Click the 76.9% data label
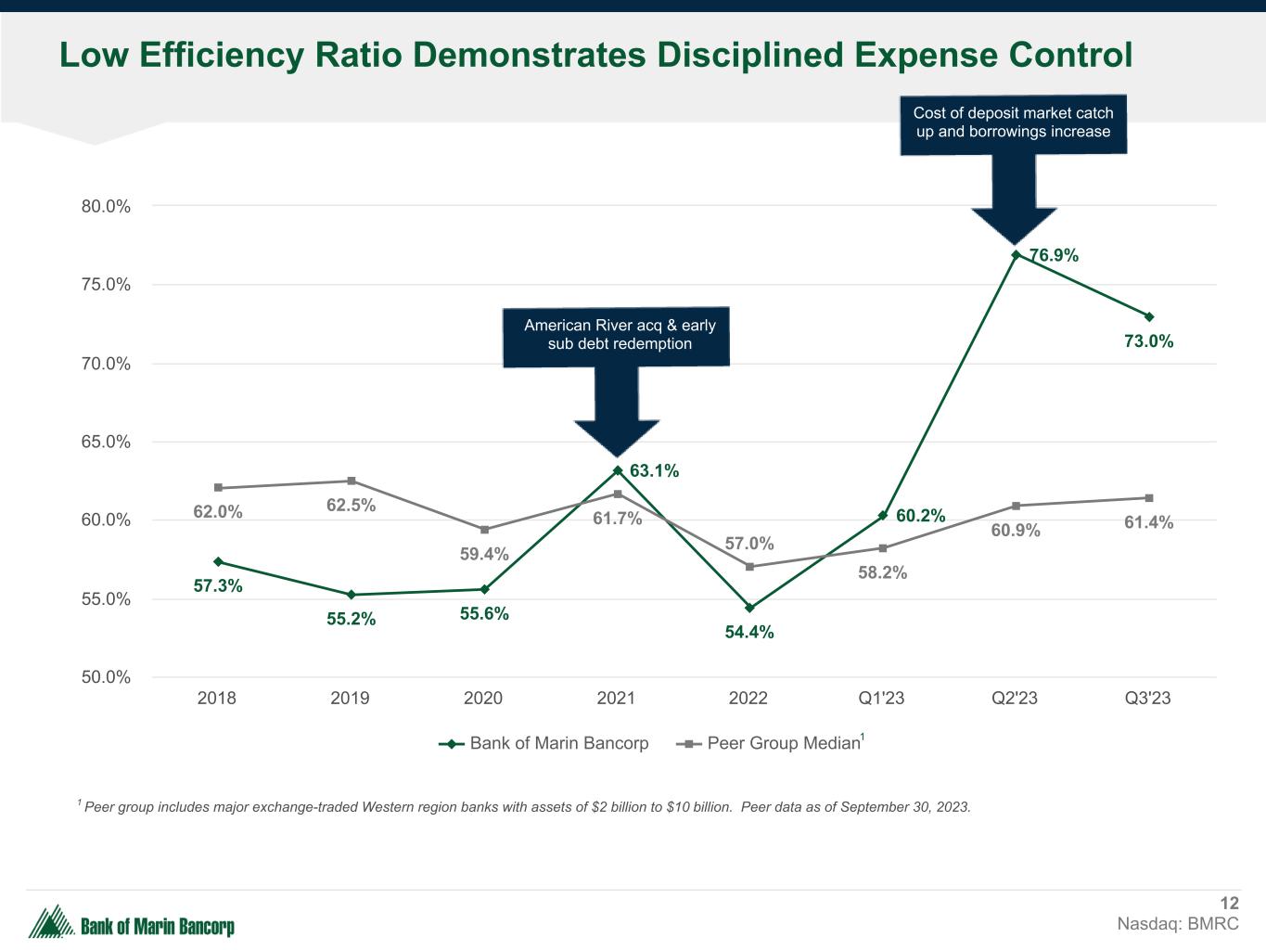pyautogui.click(x=1055, y=255)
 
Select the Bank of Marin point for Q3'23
pyautogui.click(x=1149, y=316)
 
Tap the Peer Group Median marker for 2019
pyautogui.click(x=352, y=481)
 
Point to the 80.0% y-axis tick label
pyautogui.click(x=106, y=206)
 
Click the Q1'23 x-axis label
pyautogui.click(x=881, y=698)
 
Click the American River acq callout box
pyautogui.click(x=617, y=335)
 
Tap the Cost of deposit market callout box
pyautogui.click(x=1013, y=122)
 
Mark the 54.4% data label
pyautogui.click(x=749, y=633)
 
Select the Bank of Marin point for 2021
pyautogui.click(x=618, y=470)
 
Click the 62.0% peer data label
pyautogui.click(x=218, y=511)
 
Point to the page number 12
pyautogui.click(x=1229, y=904)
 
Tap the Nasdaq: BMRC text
pyautogui.click(x=1178, y=924)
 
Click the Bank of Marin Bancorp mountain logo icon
pyautogui.click(x=52, y=921)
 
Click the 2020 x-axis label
pyautogui.click(x=483, y=698)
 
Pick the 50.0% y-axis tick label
pyautogui.click(x=106, y=677)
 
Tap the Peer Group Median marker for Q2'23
pyautogui.click(x=1016, y=506)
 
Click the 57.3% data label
pyautogui.click(x=218, y=586)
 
